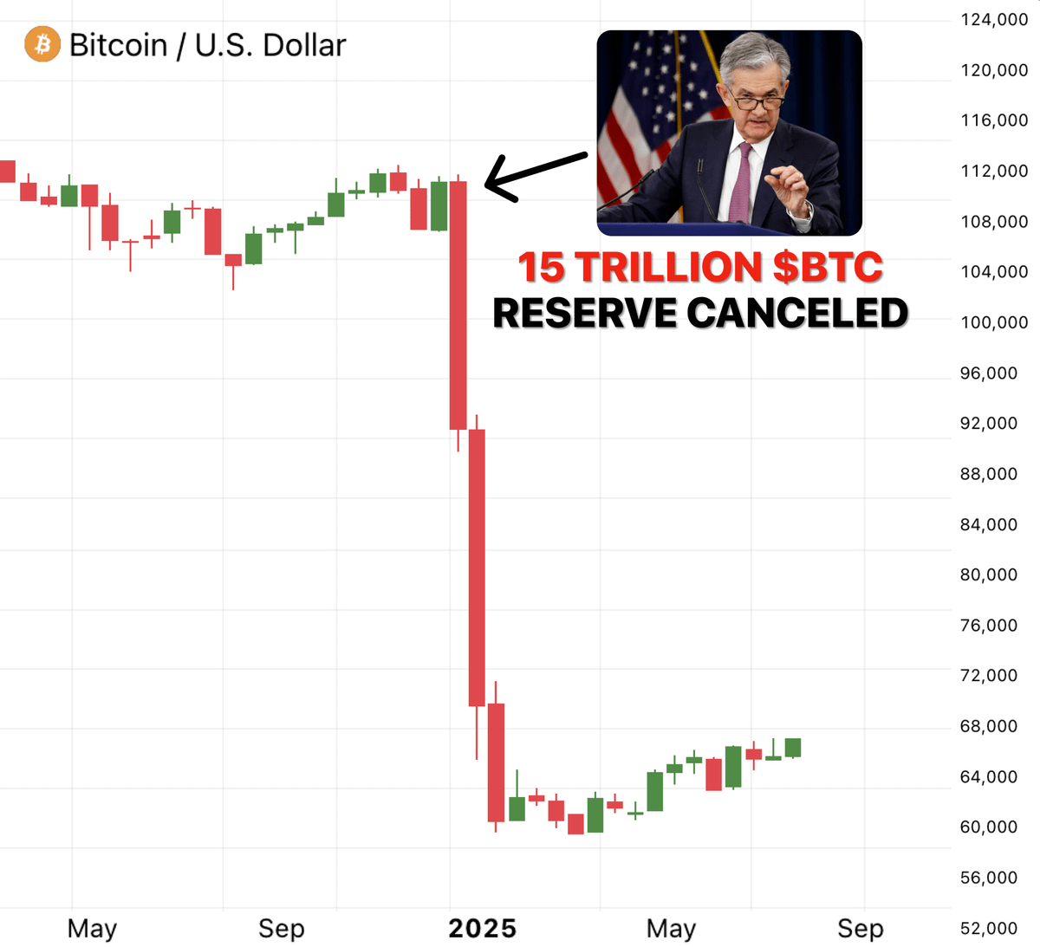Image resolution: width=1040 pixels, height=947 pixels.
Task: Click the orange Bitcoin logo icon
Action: point(42,44)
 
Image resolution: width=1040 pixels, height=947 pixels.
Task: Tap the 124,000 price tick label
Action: point(993,19)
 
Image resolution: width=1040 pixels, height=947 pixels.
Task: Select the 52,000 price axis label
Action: point(988,928)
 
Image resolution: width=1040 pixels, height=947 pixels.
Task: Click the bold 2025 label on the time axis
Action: point(482,929)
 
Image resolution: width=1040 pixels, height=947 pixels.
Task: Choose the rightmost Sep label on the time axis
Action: point(860,929)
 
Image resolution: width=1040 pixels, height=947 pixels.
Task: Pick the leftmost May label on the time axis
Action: point(92,929)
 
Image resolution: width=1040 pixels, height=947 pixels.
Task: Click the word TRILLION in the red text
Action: point(668,267)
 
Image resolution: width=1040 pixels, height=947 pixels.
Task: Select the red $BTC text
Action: point(828,267)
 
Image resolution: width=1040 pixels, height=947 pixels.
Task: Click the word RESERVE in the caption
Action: point(585,314)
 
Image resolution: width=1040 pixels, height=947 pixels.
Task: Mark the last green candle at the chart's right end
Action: point(792,748)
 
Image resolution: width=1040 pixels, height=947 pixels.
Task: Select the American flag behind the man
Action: point(641,113)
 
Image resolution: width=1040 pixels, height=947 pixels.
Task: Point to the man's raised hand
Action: point(789,186)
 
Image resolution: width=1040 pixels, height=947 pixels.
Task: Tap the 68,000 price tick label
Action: point(988,726)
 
